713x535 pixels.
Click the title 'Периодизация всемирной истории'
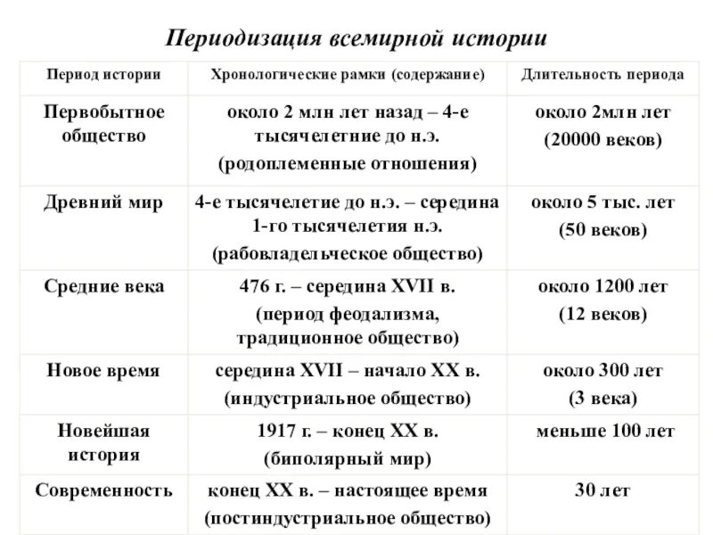356,40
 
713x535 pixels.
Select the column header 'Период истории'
104,75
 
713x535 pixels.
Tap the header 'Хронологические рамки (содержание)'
348,75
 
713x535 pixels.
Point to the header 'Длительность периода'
602,75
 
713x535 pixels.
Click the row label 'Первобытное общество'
104,125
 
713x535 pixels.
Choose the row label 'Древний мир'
104,202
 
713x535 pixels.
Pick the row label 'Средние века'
104,286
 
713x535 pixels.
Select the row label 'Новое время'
104,370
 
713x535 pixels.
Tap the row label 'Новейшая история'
104,442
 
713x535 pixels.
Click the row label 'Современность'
104,490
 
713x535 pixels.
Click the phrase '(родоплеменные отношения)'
348,165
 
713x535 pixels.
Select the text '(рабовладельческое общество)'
348,254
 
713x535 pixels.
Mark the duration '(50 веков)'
602,230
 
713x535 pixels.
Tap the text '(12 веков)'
602,314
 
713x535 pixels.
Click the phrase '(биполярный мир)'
348,459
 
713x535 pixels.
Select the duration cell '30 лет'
602,490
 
